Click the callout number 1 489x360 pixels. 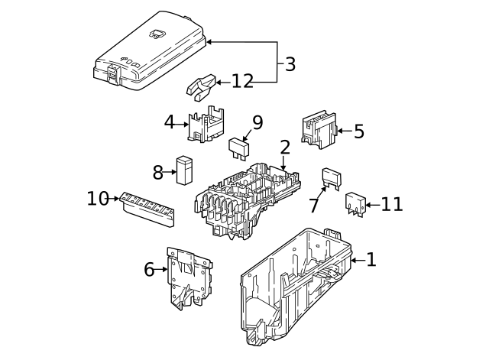click(371, 260)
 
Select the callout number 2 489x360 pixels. click(285, 147)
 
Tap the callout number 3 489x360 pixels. click(290, 64)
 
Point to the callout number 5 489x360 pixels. click(358, 131)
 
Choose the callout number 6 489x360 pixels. click(149, 268)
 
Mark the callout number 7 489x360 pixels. click(314, 205)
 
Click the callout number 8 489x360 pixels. click(158, 173)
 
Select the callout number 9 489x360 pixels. click(257, 122)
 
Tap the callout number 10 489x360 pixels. click(98, 199)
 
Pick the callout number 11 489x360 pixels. click(391, 204)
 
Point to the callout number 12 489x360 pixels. click(242, 81)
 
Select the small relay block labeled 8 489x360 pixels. click(184, 170)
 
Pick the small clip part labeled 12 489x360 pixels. click(201, 87)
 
